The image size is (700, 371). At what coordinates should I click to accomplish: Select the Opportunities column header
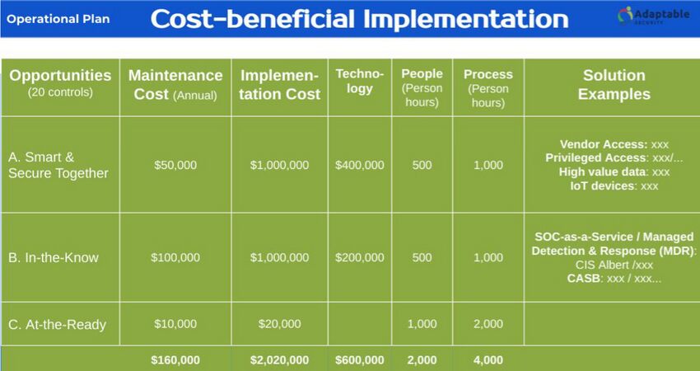pyautogui.click(x=60, y=82)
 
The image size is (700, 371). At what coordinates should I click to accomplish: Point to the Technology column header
pyautogui.click(x=359, y=82)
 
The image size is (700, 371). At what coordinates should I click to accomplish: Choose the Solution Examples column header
pyautogui.click(x=614, y=84)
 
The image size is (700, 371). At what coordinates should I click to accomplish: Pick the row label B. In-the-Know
pyautogui.click(x=53, y=257)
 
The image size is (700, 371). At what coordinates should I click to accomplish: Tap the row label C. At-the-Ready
pyautogui.click(x=57, y=324)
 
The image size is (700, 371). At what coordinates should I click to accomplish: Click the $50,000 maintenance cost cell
pyautogui.click(x=175, y=165)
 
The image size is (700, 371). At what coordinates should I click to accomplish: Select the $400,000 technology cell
pyautogui.click(x=359, y=165)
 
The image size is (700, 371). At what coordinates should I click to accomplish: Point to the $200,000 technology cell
pyautogui.click(x=359, y=257)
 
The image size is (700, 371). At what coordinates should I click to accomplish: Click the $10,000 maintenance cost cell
pyautogui.click(x=175, y=324)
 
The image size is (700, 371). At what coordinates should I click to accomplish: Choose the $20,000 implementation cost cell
pyautogui.click(x=279, y=324)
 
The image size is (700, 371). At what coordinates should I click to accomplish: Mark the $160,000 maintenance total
pyautogui.click(x=175, y=359)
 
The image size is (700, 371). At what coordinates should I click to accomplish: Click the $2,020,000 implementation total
pyautogui.click(x=279, y=359)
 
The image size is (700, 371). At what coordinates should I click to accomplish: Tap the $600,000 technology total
pyautogui.click(x=359, y=359)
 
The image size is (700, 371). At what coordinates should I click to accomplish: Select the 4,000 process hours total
pyautogui.click(x=488, y=359)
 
